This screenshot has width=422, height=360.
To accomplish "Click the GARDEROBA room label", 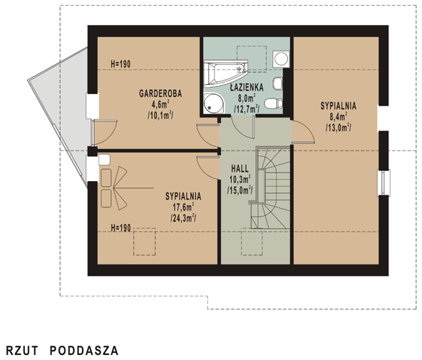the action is [160, 93].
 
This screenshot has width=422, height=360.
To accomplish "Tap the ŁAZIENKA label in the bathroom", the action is [247, 87].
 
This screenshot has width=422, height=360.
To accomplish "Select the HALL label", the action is [240, 169].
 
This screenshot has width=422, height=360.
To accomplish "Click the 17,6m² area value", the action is [183, 207].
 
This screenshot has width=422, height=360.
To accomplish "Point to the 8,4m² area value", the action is [338, 116].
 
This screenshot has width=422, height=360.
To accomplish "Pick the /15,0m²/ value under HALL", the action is [240, 190].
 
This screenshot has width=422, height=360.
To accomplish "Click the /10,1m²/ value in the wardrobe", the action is [160, 115].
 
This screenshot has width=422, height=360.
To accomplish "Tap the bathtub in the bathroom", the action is [225, 73].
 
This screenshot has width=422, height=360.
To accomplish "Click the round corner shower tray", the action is [214, 103].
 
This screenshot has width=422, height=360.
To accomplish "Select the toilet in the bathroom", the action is [274, 103].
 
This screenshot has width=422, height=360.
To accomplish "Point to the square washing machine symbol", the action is [282, 58].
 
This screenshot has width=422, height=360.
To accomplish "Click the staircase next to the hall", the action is [270, 187].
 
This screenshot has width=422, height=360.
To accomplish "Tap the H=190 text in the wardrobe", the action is [120, 64].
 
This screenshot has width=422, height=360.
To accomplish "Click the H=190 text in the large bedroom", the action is [120, 228].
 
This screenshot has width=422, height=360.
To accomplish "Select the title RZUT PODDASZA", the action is [62, 351].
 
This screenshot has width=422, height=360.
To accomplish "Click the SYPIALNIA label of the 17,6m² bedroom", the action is [183, 196].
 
